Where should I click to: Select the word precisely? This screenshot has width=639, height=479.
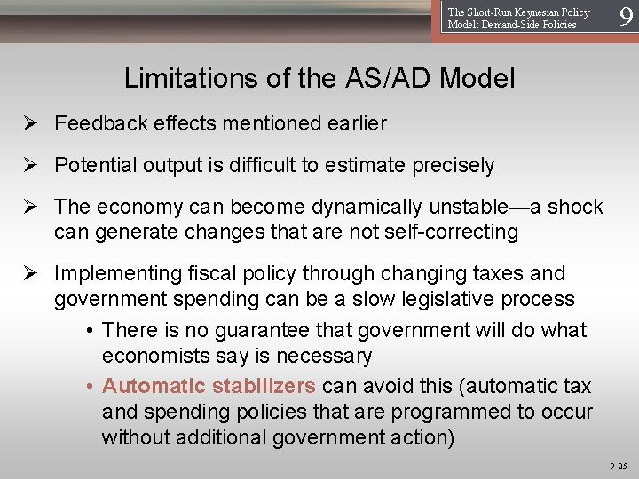[450, 166]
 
